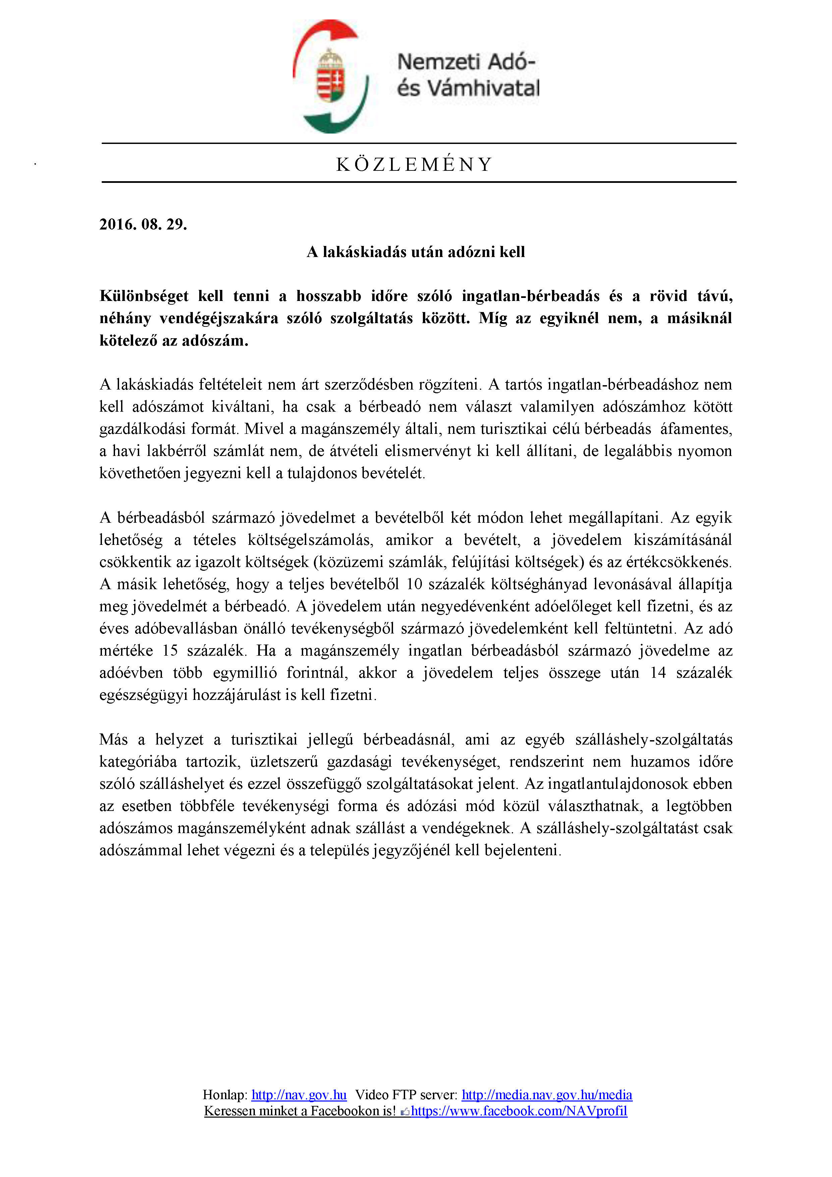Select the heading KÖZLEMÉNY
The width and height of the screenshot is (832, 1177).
(x=414, y=164)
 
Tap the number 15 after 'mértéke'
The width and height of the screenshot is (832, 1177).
(x=170, y=651)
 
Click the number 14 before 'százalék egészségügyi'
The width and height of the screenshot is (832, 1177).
(x=658, y=673)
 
